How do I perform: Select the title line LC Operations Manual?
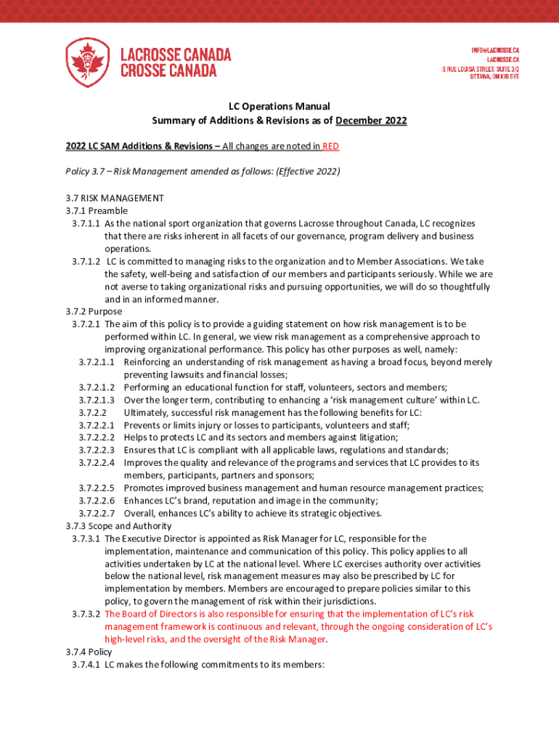click(x=279, y=106)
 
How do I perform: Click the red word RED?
click(x=331, y=147)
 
